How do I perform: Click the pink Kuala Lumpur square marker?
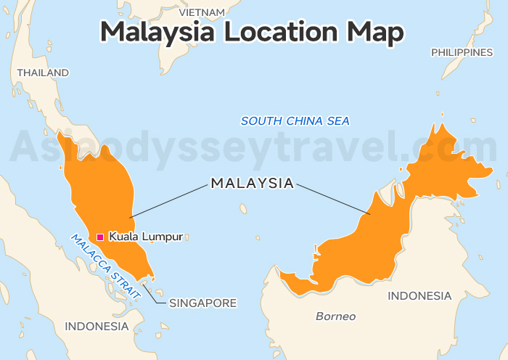100,237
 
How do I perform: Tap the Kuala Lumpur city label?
145,237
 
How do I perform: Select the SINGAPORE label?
202,303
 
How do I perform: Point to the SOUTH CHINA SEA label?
295,120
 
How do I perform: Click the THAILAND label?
43,73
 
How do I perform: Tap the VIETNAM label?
201,12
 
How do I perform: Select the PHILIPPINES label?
462,52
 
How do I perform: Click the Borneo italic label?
335,316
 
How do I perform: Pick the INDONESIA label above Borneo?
419,295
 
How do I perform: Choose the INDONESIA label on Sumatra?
97,326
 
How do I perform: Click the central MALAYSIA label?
253,183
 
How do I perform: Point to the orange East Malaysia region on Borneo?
377,232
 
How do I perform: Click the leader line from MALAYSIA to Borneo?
335,200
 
